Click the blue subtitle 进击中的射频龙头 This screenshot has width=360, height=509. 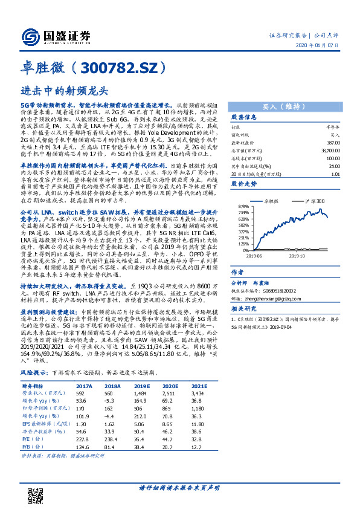pyautogui.click(x=64, y=89)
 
